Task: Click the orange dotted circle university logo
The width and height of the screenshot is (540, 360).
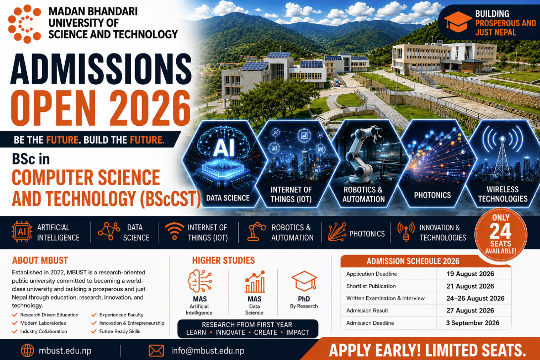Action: (24, 24)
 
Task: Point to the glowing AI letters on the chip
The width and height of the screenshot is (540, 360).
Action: (224, 148)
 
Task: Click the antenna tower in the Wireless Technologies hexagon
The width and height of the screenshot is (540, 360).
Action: (502, 159)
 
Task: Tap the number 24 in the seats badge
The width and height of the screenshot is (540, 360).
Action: (500, 232)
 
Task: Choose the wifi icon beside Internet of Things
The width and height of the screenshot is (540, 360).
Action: (174, 231)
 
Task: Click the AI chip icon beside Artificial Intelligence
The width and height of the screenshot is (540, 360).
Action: (22, 232)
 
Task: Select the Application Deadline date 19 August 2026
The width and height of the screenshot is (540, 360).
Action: (470, 274)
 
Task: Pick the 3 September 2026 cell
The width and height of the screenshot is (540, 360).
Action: (473, 323)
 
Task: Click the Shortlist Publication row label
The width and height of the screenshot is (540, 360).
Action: (371, 286)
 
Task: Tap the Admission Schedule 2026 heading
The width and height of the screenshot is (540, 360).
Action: (413, 261)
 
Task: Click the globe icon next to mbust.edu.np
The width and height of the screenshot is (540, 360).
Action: (28, 351)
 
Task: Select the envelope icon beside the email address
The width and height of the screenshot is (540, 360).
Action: (156, 351)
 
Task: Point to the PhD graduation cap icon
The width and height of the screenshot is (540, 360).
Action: (304, 281)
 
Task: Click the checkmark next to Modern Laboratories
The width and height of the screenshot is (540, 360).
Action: (15, 323)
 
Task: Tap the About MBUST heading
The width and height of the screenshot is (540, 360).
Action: (40, 260)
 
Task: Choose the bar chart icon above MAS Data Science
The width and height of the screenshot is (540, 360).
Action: (255, 282)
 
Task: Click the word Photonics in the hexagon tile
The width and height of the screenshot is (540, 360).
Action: (432, 195)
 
